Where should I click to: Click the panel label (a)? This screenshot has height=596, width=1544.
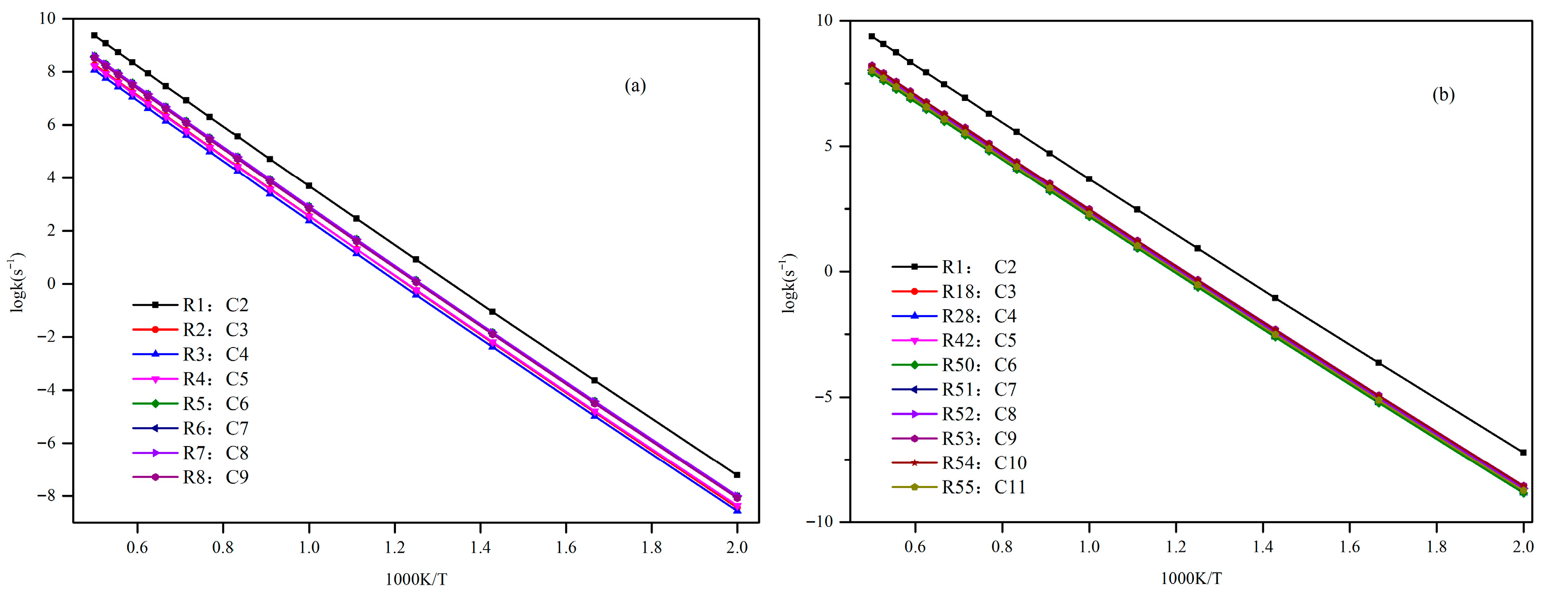[635, 86]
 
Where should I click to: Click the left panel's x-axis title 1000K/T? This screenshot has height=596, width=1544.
[416, 579]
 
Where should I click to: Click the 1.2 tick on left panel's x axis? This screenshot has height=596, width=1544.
[394, 547]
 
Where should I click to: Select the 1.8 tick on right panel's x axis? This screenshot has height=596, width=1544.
[1437, 547]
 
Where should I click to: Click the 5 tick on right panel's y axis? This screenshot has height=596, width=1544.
[828, 146]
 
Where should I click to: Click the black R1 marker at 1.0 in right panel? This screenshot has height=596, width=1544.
[1089, 179]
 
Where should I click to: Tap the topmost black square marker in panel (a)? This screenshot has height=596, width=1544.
[94, 35]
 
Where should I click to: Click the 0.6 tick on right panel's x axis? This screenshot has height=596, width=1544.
[915, 547]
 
